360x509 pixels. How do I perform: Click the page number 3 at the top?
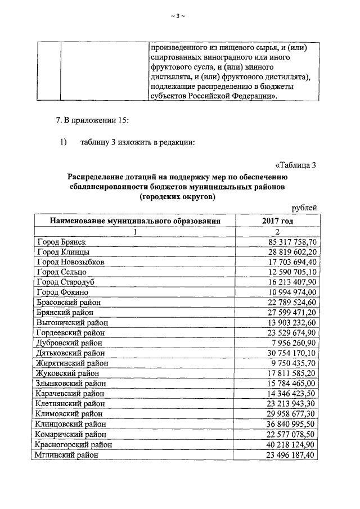point(177,16)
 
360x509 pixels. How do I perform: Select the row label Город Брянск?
point(61,242)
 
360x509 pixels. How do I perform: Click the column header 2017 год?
point(277,221)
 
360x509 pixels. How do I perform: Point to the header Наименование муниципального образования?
point(134,221)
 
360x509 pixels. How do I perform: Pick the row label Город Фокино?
point(62,292)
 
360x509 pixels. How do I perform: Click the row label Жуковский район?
point(67,373)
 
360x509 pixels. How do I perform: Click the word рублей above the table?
point(304,208)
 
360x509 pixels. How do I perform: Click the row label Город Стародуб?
point(65,282)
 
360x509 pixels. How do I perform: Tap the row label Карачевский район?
point(69,393)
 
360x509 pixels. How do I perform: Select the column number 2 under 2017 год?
point(277,232)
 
